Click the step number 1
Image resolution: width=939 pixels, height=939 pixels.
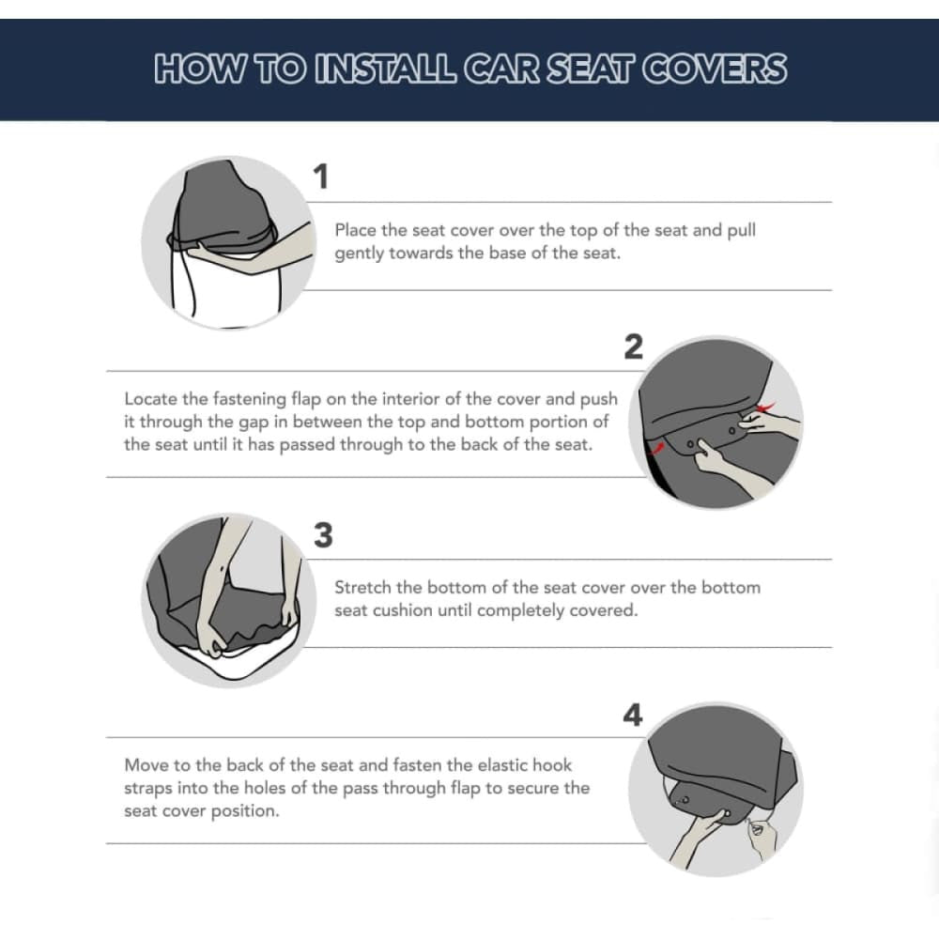click(321, 177)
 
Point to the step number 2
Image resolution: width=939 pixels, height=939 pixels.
click(634, 347)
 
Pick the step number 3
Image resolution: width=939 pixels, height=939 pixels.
click(322, 535)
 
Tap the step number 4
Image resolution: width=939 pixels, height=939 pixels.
click(633, 716)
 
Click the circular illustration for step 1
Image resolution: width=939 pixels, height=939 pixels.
click(228, 242)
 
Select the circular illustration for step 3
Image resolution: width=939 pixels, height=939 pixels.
click(224, 599)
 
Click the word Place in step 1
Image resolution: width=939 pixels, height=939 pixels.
click(355, 230)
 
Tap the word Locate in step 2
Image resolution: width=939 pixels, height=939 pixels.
click(149, 398)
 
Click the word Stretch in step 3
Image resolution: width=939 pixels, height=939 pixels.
click(362, 587)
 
